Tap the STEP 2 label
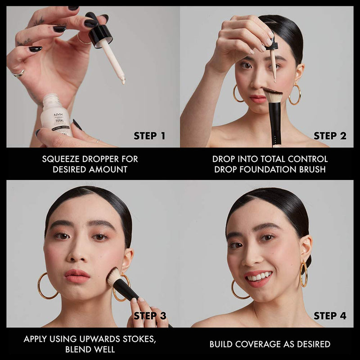(x=330, y=136)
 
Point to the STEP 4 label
(x=330, y=316)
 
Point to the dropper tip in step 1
(x=122, y=81)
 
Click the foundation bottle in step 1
(x=56, y=117)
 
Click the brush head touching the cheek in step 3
(x=114, y=276)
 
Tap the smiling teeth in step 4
(x=259, y=277)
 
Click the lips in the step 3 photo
(x=77, y=275)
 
